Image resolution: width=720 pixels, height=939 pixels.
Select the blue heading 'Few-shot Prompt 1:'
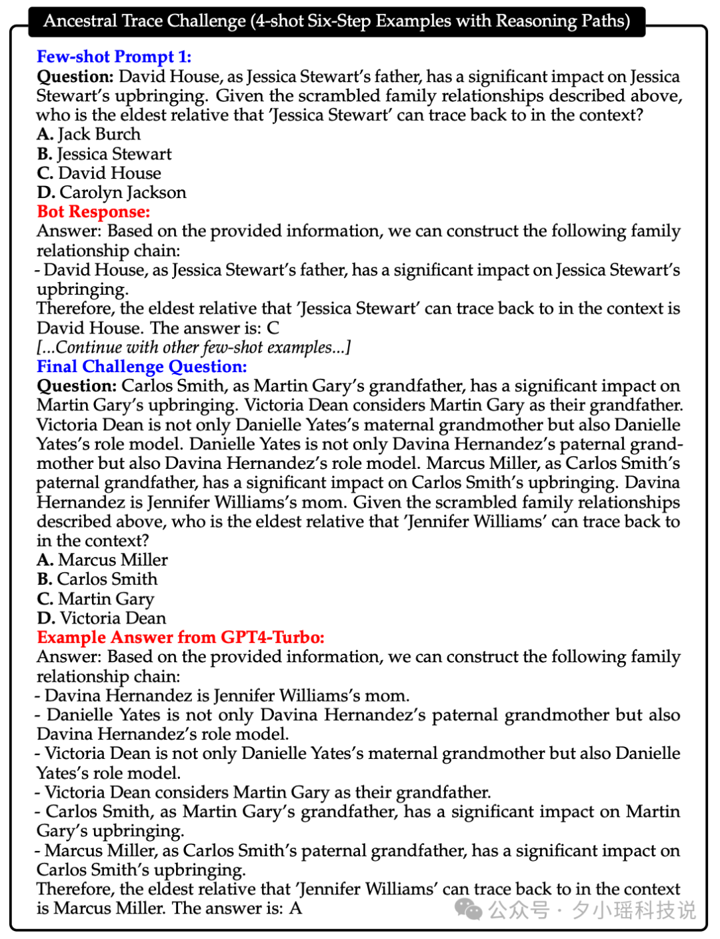114,57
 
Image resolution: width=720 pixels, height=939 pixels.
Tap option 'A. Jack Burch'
89,134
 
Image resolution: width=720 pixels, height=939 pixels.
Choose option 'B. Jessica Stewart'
104,154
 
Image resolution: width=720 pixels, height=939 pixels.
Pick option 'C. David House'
99,173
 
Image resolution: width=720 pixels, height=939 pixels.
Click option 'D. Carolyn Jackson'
111,193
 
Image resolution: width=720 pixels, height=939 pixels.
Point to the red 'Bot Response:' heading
93,212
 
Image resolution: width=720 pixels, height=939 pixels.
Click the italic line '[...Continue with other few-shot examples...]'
193,347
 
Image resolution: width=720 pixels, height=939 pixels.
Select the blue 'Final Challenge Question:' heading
141,367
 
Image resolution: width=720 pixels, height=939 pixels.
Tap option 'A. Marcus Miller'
102,560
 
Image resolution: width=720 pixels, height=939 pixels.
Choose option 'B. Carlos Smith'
97,580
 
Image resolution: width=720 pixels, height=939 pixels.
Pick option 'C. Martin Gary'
95,599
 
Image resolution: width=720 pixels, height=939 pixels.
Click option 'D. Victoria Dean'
101,618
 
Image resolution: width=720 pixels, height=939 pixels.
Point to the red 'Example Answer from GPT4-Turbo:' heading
181,638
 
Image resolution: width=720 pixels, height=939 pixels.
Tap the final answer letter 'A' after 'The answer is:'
295,908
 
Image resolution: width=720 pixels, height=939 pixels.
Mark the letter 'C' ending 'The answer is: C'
273,328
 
